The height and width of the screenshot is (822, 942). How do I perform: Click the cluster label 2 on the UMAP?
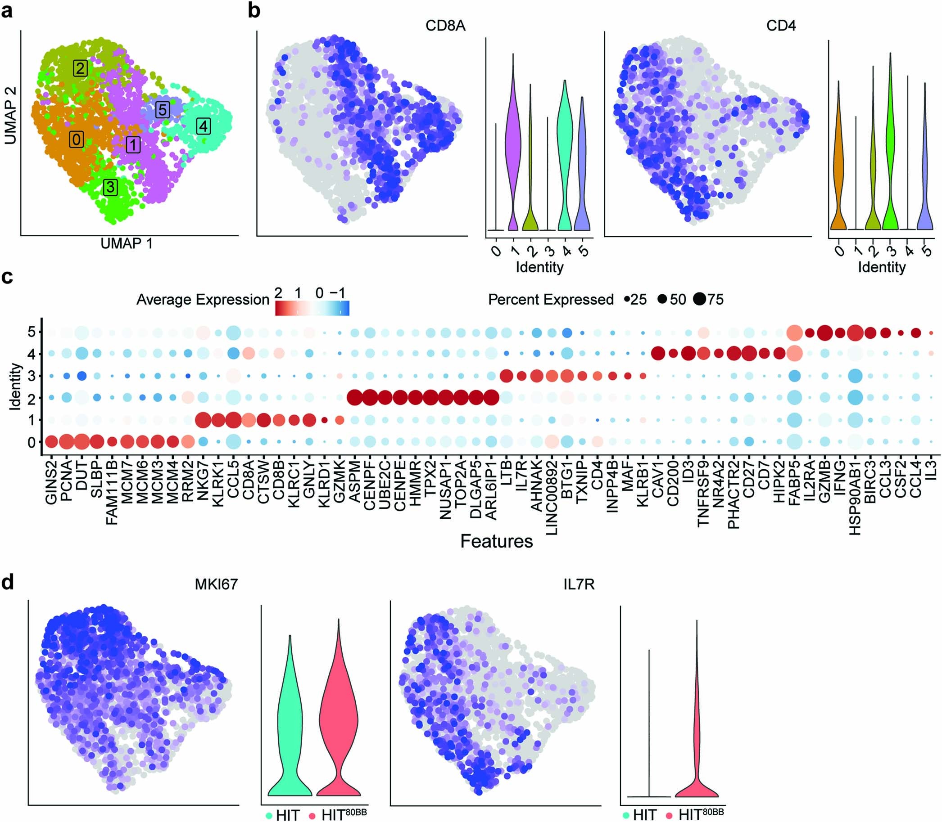[x=80, y=68]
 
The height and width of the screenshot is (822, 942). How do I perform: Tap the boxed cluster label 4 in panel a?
[x=204, y=126]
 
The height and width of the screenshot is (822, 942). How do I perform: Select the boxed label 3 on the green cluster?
[x=110, y=187]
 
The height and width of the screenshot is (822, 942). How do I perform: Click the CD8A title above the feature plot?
[x=445, y=25]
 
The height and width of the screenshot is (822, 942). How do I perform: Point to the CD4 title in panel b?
[x=781, y=25]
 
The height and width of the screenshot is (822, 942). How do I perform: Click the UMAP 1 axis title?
[x=126, y=243]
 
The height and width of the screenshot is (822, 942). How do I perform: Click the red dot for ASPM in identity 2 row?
[x=355, y=398]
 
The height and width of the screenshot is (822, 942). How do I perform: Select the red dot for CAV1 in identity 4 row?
[x=658, y=354]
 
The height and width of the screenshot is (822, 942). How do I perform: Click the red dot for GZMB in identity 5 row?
[x=825, y=332]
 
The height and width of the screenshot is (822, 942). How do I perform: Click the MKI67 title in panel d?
[x=216, y=584]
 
